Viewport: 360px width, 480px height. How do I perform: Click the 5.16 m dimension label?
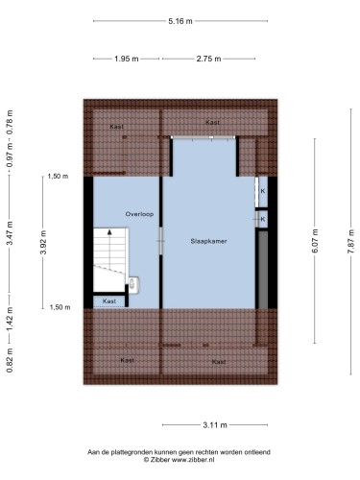pyautogui.click(x=180, y=21)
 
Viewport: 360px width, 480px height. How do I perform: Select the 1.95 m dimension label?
pyautogui.click(x=127, y=59)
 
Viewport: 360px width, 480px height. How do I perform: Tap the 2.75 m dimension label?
pyautogui.click(x=208, y=59)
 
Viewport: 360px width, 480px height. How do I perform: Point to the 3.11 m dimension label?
pyautogui.click(x=215, y=425)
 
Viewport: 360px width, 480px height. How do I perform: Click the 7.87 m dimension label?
pyautogui.click(x=351, y=242)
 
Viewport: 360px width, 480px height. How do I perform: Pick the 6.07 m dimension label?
pyautogui.click(x=315, y=241)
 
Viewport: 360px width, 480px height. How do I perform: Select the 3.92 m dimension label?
pyautogui.click(x=43, y=242)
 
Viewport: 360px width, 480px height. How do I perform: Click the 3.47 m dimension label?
pyautogui.click(x=10, y=233)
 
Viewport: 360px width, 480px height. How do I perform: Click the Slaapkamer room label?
pyautogui.click(x=208, y=241)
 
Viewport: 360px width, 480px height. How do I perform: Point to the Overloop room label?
pyautogui.click(x=139, y=214)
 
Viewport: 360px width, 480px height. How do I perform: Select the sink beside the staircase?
pyautogui.click(x=133, y=284)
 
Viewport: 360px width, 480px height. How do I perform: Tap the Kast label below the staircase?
pyautogui.click(x=109, y=301)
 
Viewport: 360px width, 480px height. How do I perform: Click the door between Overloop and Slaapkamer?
pyautogui.click(x=161, y=241)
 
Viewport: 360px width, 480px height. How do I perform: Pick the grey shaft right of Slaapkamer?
pyautogui.click(x=263, y=270)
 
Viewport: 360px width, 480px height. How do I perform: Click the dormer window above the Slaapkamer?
pyautogui.click(x=204, y=137)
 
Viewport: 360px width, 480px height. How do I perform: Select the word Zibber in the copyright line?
pyautogui.click(x=160, y=460)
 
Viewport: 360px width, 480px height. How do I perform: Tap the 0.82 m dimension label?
pyautogui.click(x=10, y=360)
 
